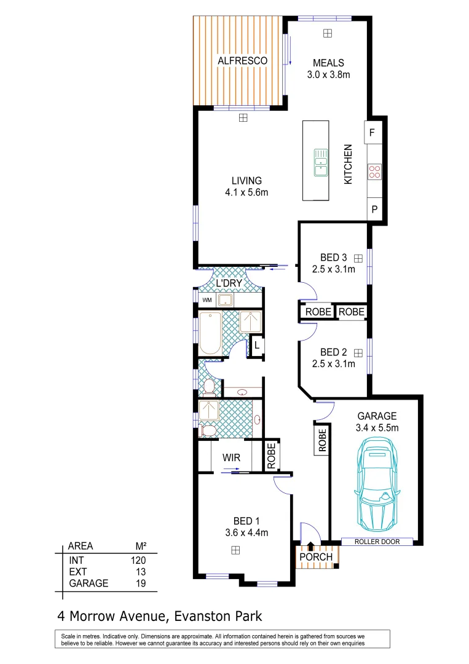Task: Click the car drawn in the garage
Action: point(376,482)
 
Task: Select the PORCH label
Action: point(315,557)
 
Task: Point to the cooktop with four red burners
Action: point(374,172)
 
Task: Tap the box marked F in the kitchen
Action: point(373,132)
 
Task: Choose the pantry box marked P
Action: point(374,210)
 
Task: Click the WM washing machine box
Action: point(207,300)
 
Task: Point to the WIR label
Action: point(231,458)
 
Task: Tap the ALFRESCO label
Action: point(243,60)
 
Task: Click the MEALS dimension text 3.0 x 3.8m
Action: point(328,75)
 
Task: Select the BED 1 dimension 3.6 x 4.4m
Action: point(246,532)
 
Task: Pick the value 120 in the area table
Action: point(138,560)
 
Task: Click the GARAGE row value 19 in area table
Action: point(140,583)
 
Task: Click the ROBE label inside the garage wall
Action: point(321,441)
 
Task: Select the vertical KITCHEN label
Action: point(348,165)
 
